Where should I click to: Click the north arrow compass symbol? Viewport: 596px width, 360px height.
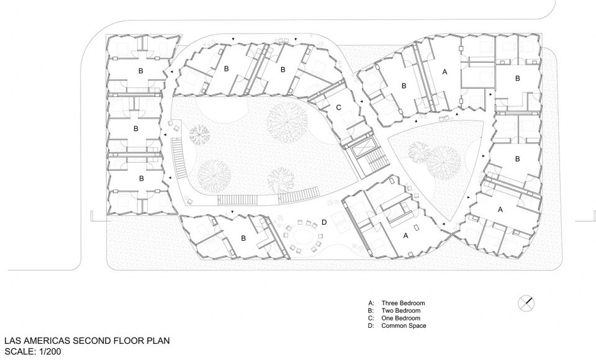(526, 303)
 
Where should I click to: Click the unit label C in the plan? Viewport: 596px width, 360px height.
(338, 108)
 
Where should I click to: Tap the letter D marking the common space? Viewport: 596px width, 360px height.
(324, 222)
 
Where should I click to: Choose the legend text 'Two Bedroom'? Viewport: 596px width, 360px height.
(400, 310)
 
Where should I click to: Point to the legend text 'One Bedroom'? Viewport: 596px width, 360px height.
(400, 318)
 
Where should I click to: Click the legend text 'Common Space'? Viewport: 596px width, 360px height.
(404, 325)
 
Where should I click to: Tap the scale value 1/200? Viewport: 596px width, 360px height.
(47, 351)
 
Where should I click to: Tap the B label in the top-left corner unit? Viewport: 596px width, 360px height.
(141, 71)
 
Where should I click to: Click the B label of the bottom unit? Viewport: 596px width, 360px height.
(243, 238)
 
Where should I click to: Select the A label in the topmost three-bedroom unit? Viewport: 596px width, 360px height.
(444, 72)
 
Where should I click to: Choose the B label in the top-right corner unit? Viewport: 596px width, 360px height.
(517, 78)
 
